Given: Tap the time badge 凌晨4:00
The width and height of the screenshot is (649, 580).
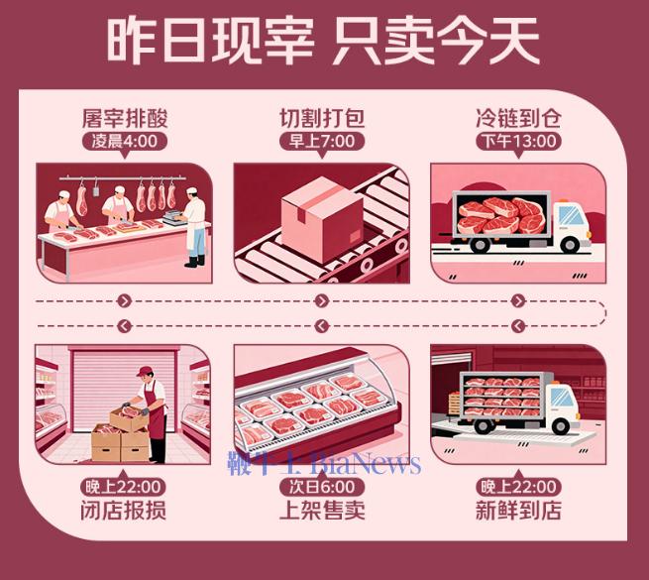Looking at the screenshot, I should (125, 141).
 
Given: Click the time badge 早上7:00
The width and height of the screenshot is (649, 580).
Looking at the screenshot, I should (322, 141).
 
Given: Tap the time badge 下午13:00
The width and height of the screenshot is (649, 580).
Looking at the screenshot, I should (519, 141).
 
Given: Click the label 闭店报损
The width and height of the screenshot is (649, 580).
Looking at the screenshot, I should (125, 511).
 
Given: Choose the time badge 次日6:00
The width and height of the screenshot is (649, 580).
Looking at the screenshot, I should (322, 488).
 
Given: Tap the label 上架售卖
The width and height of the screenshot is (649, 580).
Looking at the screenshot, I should (322, 511).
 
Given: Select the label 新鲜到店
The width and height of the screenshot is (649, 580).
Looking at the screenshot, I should (519, 511).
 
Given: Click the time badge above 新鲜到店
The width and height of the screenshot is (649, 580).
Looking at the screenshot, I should (519, 488).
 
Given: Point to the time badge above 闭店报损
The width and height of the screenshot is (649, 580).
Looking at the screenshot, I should (125, 488).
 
